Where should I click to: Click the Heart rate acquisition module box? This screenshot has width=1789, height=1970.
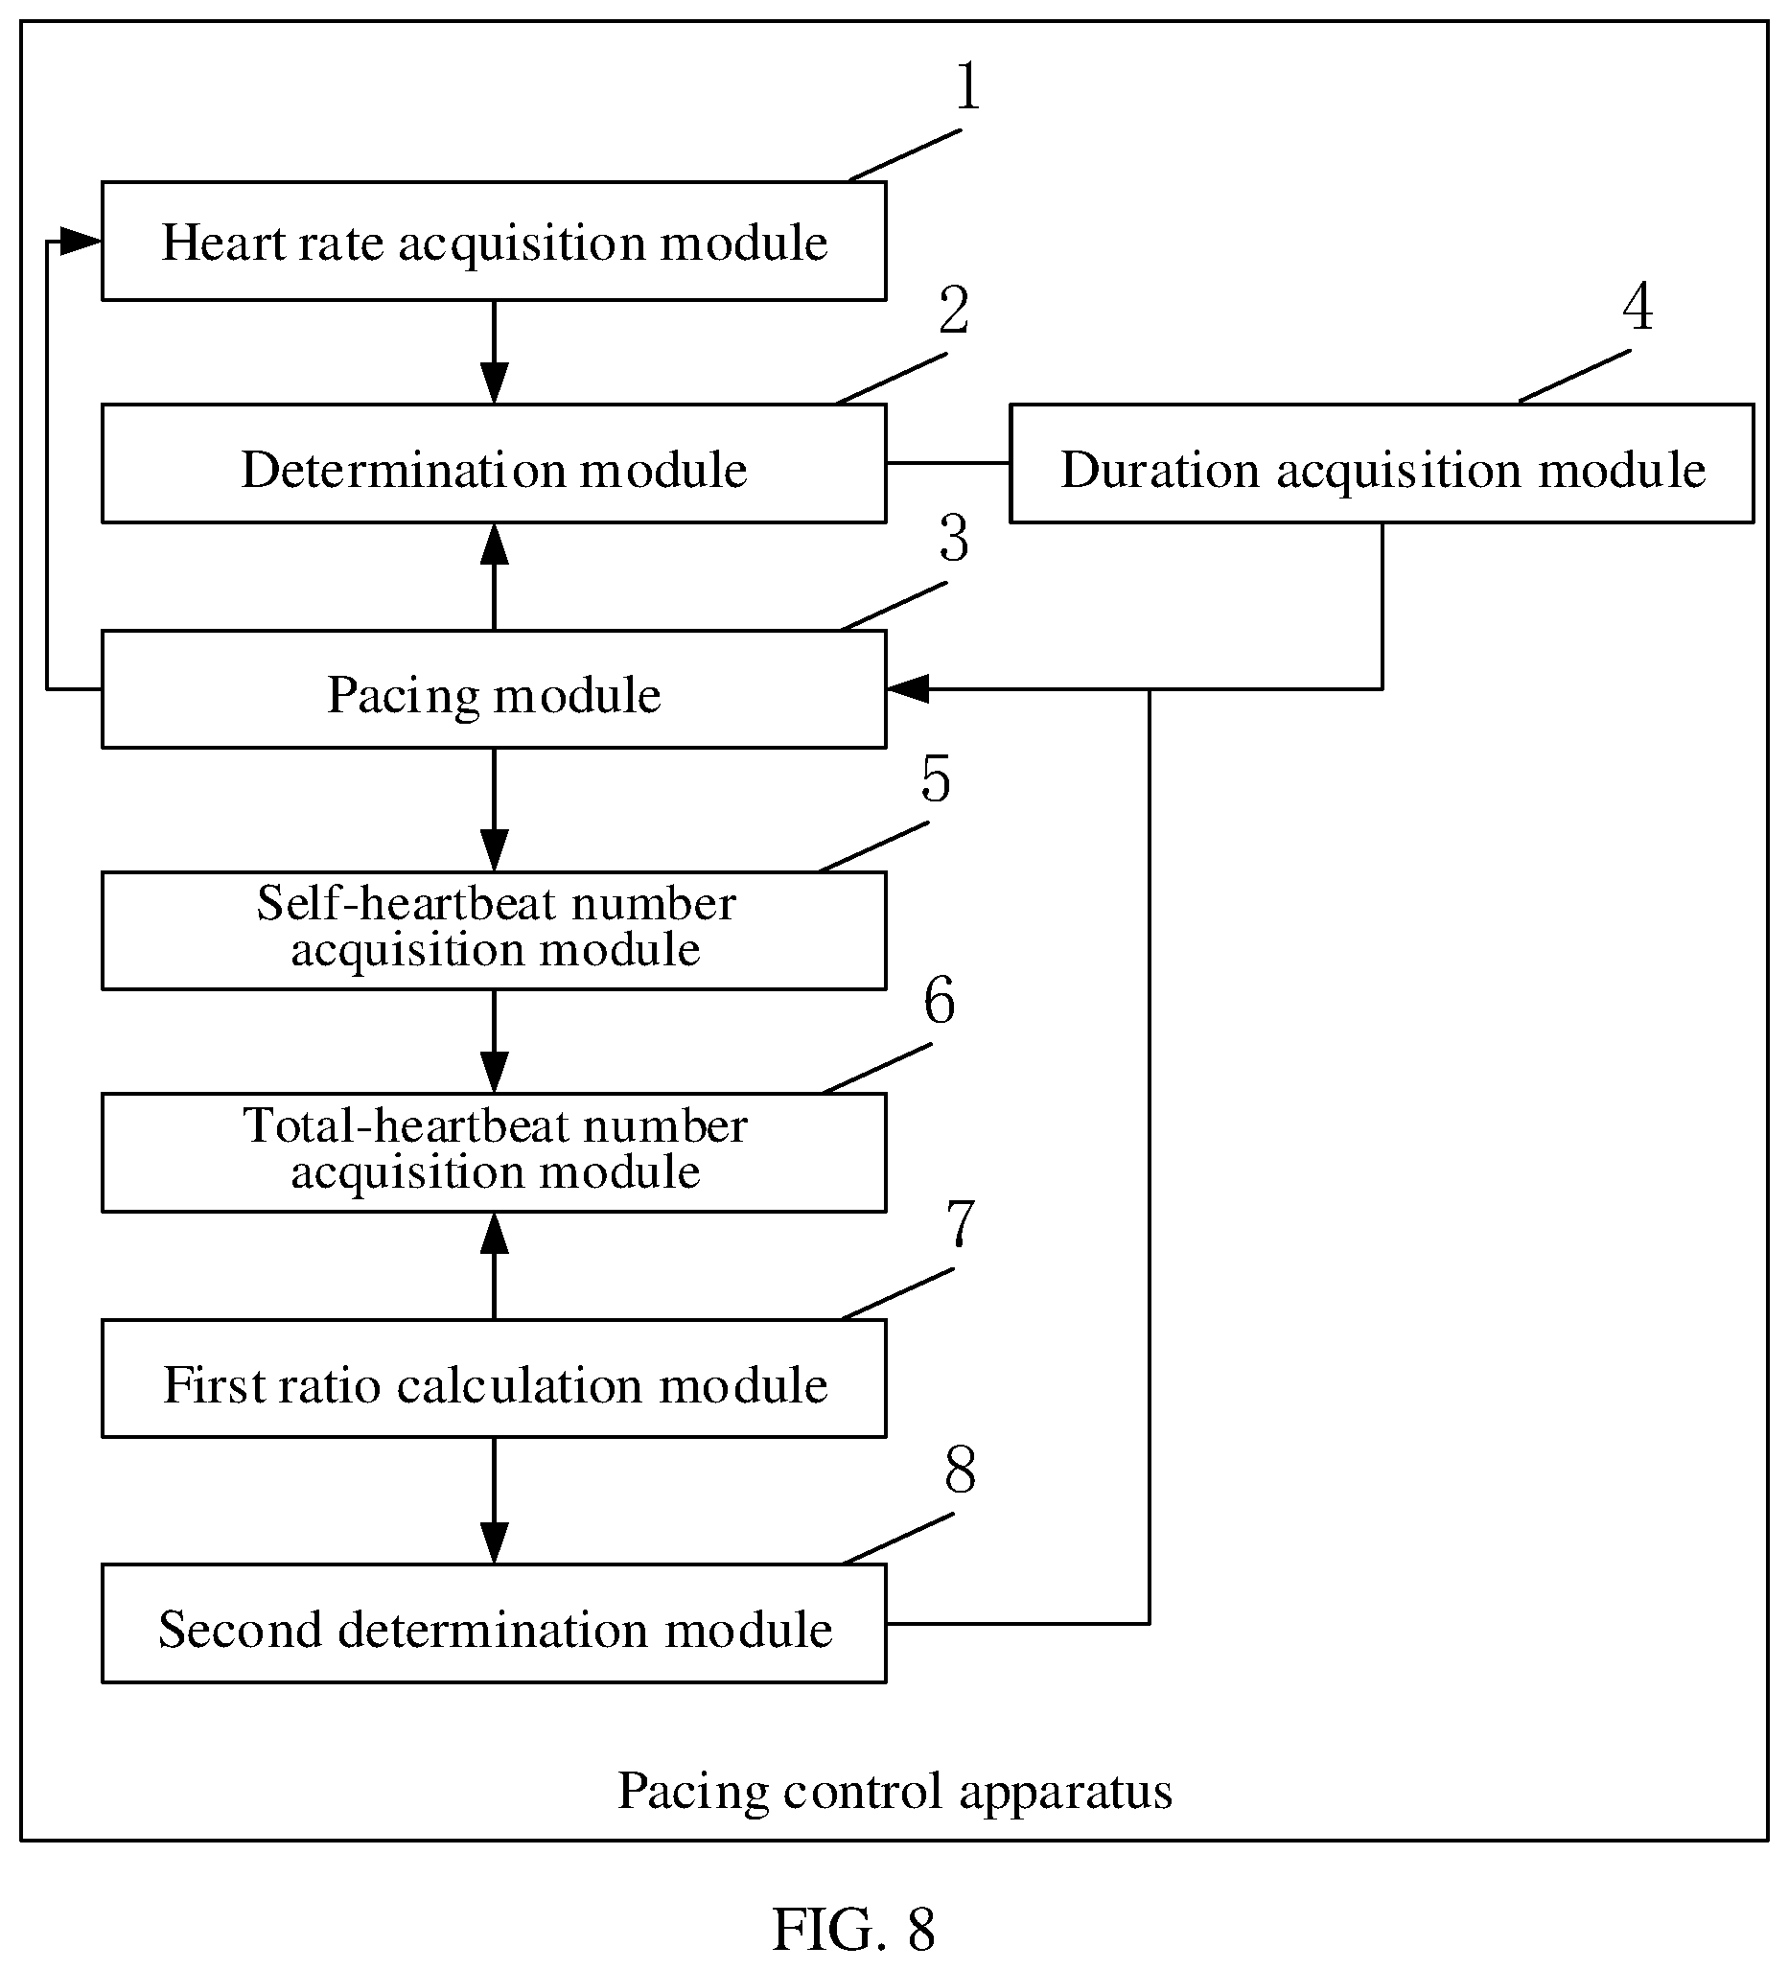pyautogui.click(x=494, y=241)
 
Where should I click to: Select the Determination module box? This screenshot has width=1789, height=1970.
pyautogui.click(x=494, y=463)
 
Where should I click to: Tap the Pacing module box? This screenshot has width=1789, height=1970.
pyautogui.click(x=494, y=689)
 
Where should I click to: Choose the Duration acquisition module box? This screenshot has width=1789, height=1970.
pyautogui.click(x=1382, y=463)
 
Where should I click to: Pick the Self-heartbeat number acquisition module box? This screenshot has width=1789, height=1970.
pyautogui.click(x=494, y=930)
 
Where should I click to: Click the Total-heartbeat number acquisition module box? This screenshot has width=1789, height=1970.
pyautogui.click(x=494, y=1152)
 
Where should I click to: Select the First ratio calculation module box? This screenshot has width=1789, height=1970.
pyautogui.click(x=494, y=1378)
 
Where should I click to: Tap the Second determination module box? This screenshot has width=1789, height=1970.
pyautogui.click(x=494, y=1623)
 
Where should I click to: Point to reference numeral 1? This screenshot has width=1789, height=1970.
pyautogui.click(x=967, y=86)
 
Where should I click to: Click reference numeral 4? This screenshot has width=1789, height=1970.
pyautogui.click(x=1638, y=307)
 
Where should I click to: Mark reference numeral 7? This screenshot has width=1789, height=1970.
pyautogui.click(x=961, y=1222)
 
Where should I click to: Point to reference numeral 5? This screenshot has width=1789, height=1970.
pyautogui.click(x=935, y=778)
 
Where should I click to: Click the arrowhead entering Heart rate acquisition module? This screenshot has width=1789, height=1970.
pyautogui.click(x=81, y=241)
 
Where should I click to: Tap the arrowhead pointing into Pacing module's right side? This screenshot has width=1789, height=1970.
pyautogui.click(x=908, y=689)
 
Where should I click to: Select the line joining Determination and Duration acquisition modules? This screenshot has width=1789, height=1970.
pyautogui.click(x=948, y=462)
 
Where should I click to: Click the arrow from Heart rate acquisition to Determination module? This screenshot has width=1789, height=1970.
pyautogui.click(x=495, y=352)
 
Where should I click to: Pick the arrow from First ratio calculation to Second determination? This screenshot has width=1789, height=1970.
pyautogui.click(x=495, y=1501)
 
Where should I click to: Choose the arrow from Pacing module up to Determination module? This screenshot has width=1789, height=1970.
pyautogui.click(x=495, y=576)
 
